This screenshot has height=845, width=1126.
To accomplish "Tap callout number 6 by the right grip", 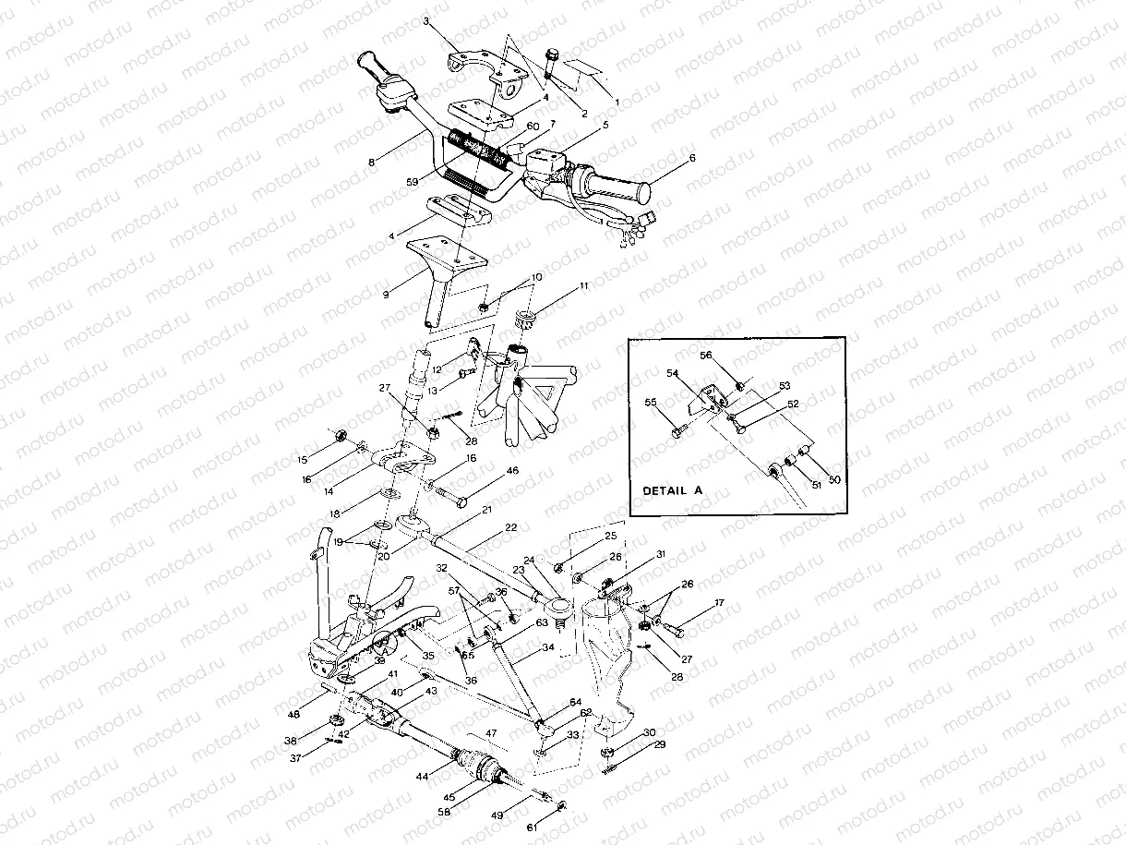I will pyautogui.click(x=691, y=158).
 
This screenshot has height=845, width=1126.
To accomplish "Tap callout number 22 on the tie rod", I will pyautogui.click(x=511, y=527).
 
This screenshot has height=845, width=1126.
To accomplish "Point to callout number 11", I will pyautogui.click(x=583, y=288).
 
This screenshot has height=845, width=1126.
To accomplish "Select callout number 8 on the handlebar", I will pyautogui.click(x=371, y=162).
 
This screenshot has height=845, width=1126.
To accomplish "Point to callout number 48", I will pyautogui.click(x=293, y=714).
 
